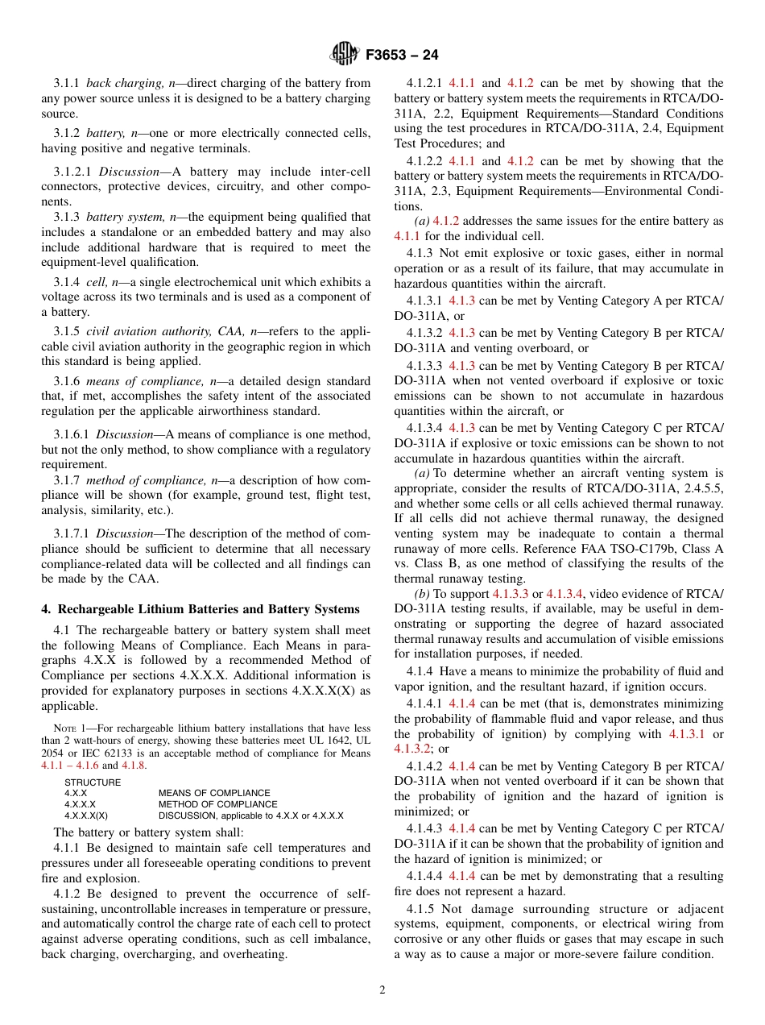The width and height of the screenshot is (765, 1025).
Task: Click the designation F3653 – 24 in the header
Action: (401, 56)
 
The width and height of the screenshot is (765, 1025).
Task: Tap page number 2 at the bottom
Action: (382, 990)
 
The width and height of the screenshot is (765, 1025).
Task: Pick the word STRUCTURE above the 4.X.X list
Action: (93, 782)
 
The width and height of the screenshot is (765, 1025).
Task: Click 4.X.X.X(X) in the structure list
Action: (86, 815)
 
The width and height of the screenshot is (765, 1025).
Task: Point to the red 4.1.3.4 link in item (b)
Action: (565, 594)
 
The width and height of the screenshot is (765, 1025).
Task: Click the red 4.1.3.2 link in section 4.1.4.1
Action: (414, 749)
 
